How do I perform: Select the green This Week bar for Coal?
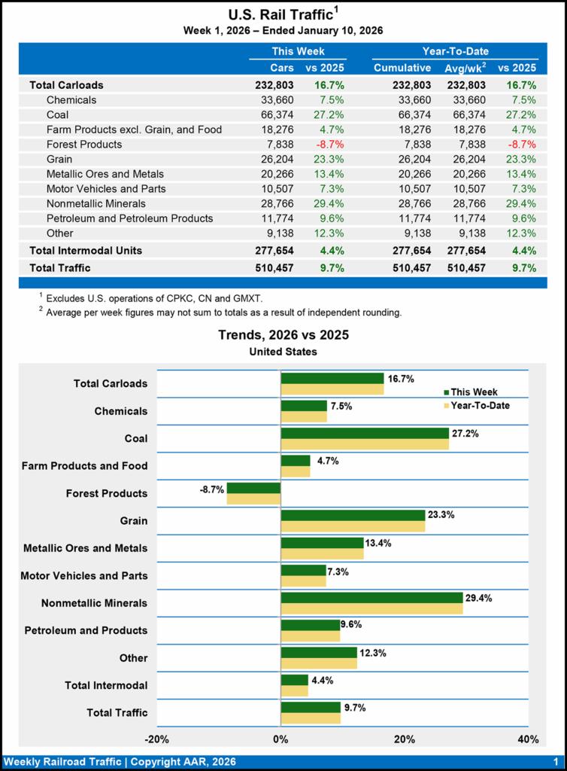coord(365,433)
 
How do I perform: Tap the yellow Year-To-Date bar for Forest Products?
coord(253,499)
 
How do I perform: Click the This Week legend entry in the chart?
coord(470,392)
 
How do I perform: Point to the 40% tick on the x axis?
coord(528,739)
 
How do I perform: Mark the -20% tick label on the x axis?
coord(156,739)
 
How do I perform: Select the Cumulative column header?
coord(402,68)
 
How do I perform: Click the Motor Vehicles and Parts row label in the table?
coord(106,188)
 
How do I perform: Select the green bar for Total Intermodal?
coord(294,679)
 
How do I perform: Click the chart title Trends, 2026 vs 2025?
coord(283,335)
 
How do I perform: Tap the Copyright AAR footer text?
coord(120,762)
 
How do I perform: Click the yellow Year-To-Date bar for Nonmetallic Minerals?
coord(371,608)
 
